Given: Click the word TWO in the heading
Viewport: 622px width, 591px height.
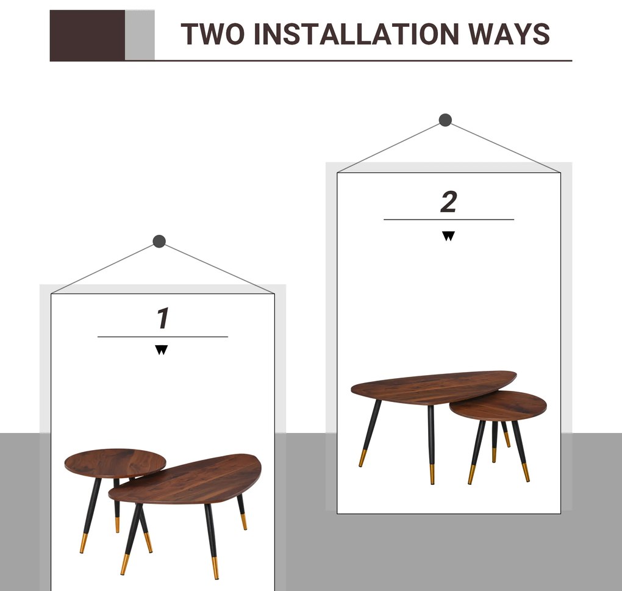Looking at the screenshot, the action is [x=213, y=34].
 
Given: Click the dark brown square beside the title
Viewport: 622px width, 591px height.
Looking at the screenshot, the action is [x=87, y=36].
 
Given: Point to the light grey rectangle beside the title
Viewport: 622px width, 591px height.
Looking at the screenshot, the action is [x=140, y=35].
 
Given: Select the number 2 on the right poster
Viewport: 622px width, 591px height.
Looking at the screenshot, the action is [x=449, y=201].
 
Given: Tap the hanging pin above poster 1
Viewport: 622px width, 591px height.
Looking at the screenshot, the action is [x=159, y=241].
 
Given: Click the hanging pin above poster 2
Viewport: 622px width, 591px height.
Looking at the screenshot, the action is [x=445, y=120].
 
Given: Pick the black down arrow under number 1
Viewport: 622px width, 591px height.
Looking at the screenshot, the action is [x=162, y=350].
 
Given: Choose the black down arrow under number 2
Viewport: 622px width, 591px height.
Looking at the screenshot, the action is [x=448, y=236].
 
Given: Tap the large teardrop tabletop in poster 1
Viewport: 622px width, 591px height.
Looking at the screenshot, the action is [x=185, y=479].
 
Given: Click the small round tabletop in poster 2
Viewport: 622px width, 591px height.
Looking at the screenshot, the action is [x=498, y=406].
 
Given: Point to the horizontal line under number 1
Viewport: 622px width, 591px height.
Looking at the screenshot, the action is [x=163, y=337].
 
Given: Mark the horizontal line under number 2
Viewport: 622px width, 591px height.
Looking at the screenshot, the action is [x=449, y=220].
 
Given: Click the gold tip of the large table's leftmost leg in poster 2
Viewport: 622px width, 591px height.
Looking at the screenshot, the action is [x=363, y=459].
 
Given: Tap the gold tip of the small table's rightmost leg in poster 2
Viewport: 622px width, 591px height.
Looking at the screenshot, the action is [x=525, y=473].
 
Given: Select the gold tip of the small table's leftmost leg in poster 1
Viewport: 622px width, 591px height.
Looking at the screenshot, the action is [x=84, y=543].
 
